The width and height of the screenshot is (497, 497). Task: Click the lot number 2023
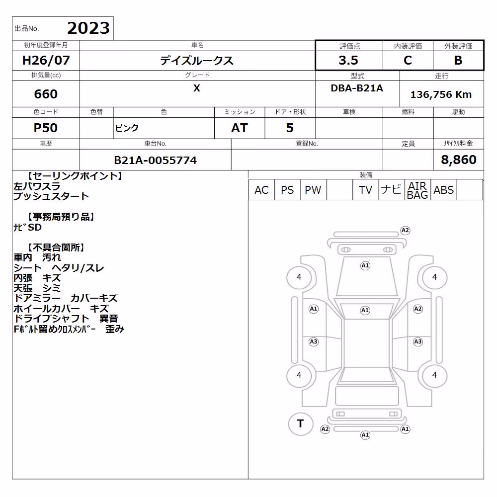tap(88, 28)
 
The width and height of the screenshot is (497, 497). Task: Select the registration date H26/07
tap(46, 60)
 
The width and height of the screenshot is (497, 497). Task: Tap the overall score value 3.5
tap(348, 60)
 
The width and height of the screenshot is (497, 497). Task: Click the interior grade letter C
tap(408, 60)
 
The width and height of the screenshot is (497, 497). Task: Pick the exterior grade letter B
tap(458, 60)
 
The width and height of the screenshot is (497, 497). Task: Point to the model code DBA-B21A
tap(357, 88)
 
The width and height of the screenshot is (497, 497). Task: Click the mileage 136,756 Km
tap(441, 94)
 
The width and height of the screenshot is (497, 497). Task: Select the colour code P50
tap(46, 128)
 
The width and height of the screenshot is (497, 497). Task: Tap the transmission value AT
tap(240, 128)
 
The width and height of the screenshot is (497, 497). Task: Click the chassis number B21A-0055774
tap(155, 160)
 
